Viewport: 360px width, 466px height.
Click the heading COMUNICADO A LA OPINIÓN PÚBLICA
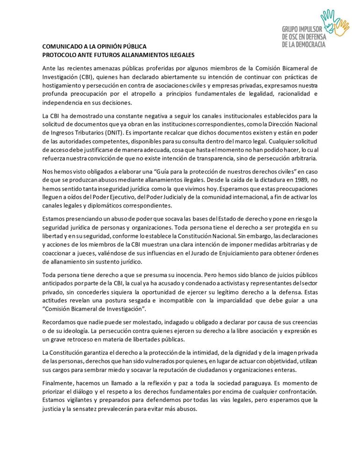94,47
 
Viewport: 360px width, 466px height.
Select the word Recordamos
60,323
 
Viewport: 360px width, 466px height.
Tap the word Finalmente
58,383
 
